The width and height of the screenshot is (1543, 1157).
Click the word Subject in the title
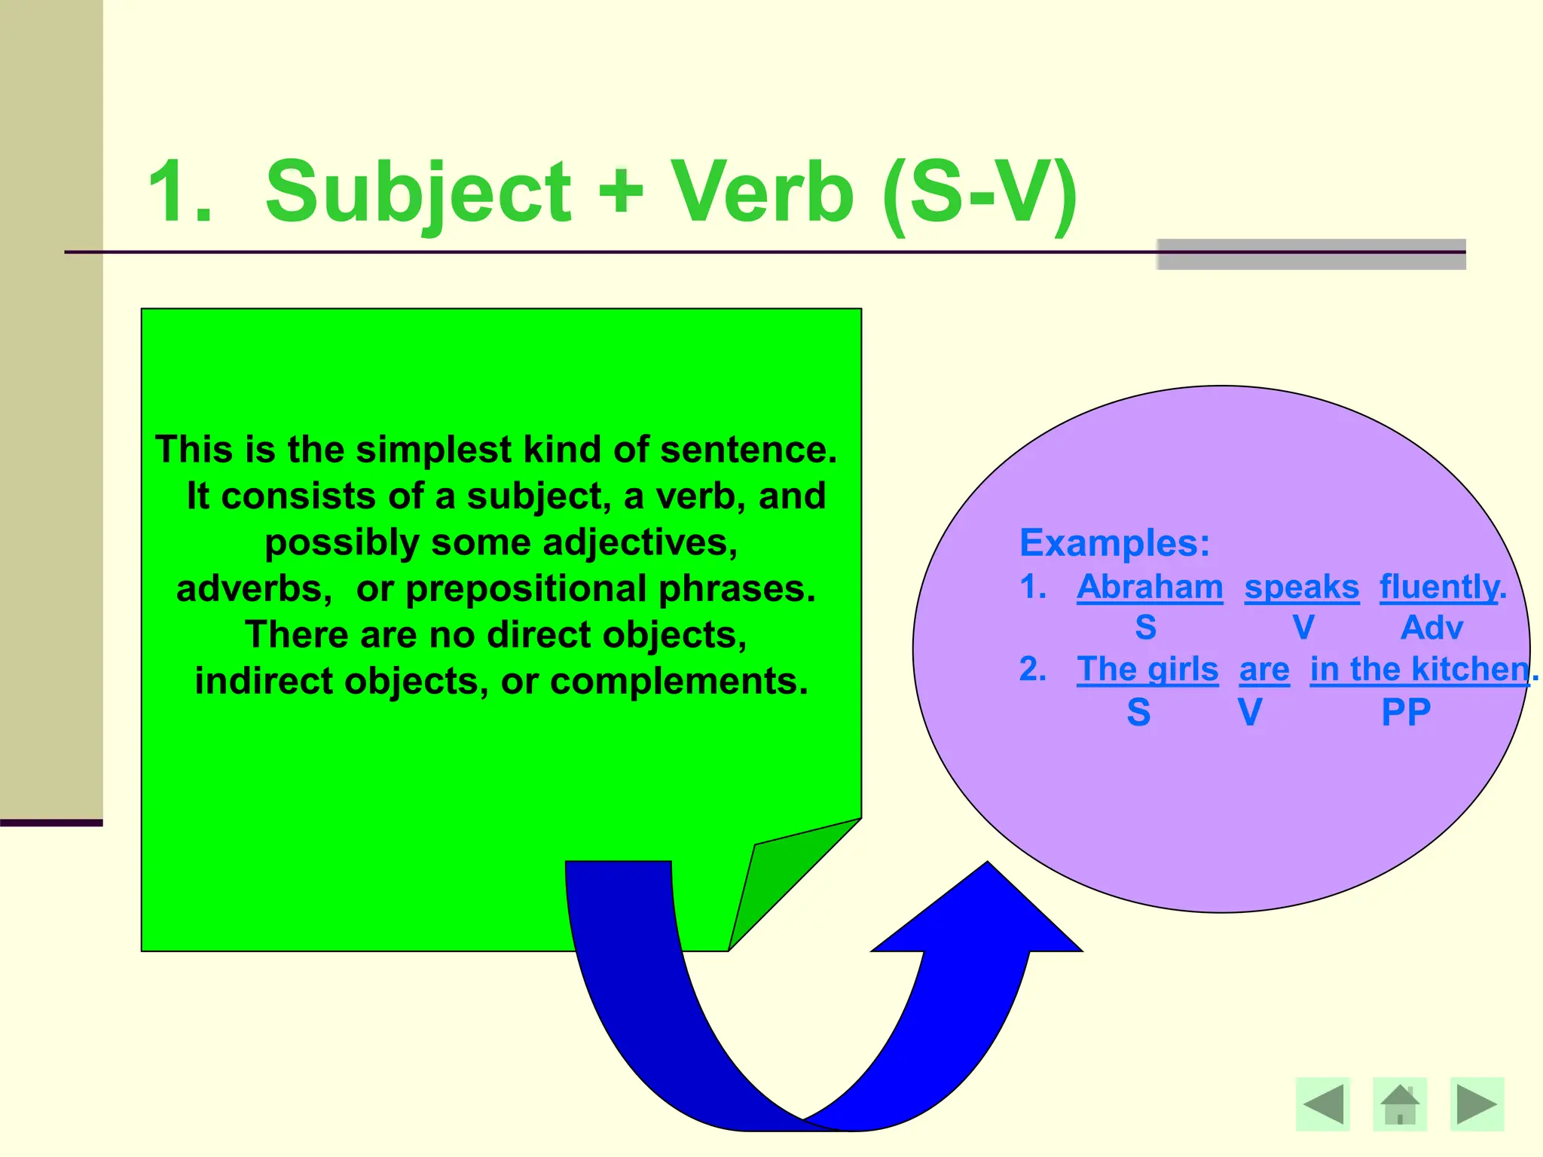(418, 193)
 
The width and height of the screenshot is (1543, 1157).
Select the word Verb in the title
(762, 193)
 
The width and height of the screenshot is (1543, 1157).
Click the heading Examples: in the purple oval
(1114, 542)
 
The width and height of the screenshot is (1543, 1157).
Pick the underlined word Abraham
(1150, 587)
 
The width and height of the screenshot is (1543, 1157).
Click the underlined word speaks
(1301, 587)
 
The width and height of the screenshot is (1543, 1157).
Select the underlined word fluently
(1439, 587)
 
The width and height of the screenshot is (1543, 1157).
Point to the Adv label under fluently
(1431, 627)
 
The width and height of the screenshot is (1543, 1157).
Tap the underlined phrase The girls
(1147, 669)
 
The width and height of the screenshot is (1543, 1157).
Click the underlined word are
(1264, 669)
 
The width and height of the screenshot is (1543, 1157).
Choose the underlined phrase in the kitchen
(1419, 669)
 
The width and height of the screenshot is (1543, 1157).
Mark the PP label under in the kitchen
(1406, 712)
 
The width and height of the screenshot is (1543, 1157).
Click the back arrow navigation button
(1323, 1104)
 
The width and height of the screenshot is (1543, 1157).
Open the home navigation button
(1400, 1104)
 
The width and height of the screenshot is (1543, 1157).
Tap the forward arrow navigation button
(1477, 1104)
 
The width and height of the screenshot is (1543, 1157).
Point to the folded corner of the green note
(784, 874)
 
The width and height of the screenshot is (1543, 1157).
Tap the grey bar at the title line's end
(1311, 255)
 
